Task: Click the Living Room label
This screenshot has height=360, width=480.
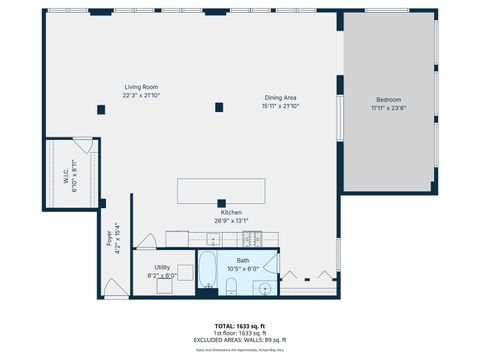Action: (x=140, y=87)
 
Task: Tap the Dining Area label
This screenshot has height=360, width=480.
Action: (x=280, y=97)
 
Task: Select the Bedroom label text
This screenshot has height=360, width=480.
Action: (x=389, y=99)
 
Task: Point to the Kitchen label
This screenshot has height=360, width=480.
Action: (x=231, y=213)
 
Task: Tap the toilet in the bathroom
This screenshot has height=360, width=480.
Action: (x=231, y=288)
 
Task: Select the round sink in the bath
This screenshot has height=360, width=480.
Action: (x=265, y=288)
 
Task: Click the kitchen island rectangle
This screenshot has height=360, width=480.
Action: (x=221, y=191)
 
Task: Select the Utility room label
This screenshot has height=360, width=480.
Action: (x=161, y=267)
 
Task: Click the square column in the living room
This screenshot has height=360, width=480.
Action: (x=101, y=109)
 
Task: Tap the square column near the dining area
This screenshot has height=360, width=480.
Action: (x=219, y=107)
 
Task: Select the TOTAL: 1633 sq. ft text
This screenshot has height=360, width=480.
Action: (x=239, y=327)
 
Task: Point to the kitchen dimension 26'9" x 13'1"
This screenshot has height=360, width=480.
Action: (x=231, y=221)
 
